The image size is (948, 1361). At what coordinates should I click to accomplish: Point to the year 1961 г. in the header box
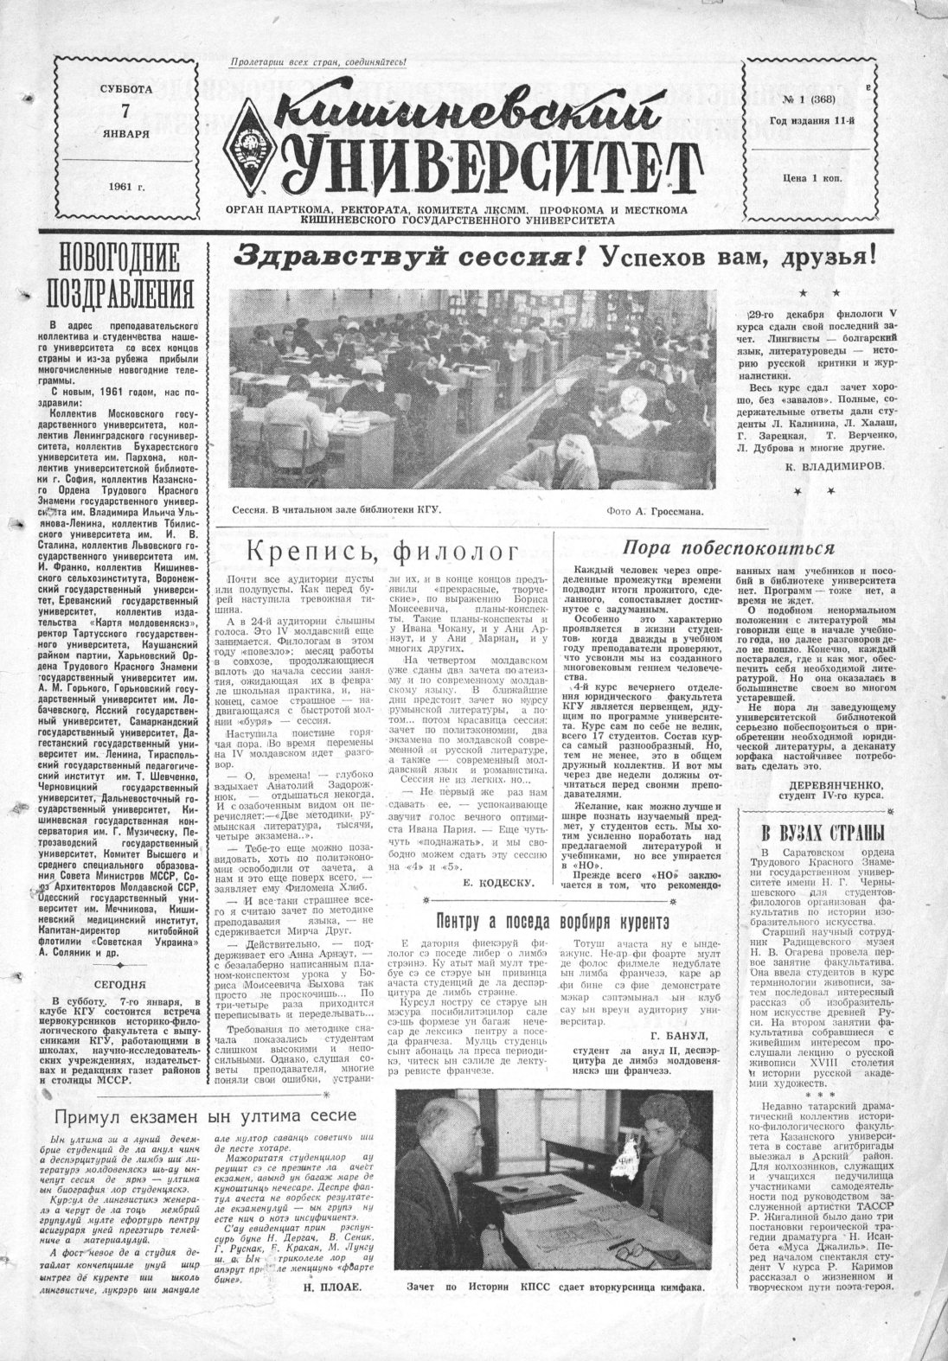[x=125, y=187]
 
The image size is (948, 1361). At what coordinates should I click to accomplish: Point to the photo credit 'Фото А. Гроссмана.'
[x=656, y=511]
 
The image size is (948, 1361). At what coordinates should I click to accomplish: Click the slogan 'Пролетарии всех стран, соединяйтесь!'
[x=318, y=62]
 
